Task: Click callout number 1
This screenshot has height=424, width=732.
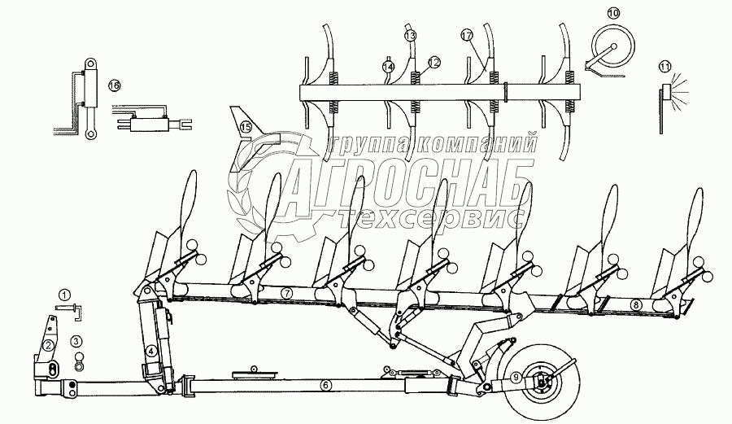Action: coord(64,295)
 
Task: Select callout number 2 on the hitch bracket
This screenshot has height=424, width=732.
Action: coord(49,345)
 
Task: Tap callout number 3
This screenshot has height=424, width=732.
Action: coord(76,340)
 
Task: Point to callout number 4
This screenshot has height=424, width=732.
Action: coord(151,352)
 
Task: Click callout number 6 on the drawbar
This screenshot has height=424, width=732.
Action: coord(325,385)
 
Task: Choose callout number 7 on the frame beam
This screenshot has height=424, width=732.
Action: coord(286,291)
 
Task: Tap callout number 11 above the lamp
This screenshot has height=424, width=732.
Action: coord(666,65)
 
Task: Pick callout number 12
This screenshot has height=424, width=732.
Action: coord(434,61)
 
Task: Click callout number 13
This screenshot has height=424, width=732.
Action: coord(410,36)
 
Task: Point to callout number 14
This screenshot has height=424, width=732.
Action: coord(388,66)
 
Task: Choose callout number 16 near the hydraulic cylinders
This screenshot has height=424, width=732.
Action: coord(114,85)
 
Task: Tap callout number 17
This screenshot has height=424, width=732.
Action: coord(466,36)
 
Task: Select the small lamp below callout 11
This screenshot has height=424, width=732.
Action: coord(668,91)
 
